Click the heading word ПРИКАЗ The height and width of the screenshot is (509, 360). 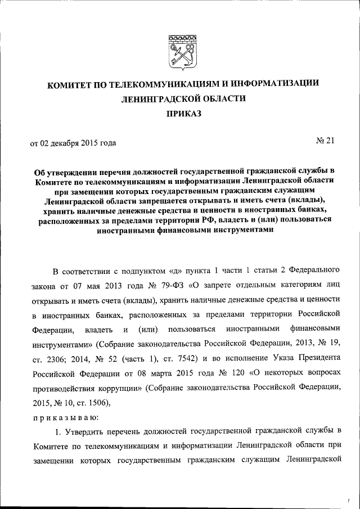[x=179, y=114]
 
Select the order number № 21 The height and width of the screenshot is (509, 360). [x=324, y=141]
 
